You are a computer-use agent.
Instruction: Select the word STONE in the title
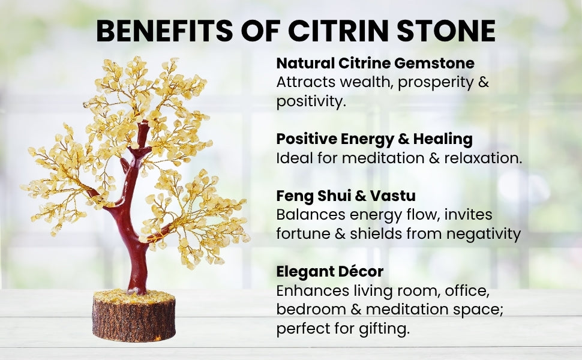pyautogui.click(x=446, y=31)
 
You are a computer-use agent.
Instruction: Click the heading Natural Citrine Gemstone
pyautogui.click(x=375, y=63)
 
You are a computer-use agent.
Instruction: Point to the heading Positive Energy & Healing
pyautogui.click(x=374, y=139)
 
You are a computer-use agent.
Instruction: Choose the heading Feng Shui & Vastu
pyautogui.click(x=346, y=196)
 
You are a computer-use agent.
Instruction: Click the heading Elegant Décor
pyautogui.click(x=329, y=271)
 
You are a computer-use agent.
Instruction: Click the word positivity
pyautogui.click(x=311, y=101)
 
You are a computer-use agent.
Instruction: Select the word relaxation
pyautogui.click(x=483, y=158)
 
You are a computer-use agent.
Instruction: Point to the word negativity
pyautogui.click(x=484, y=234)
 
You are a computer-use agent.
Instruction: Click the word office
pyautogui.click(x=467, y=290)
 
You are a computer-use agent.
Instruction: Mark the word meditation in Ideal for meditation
pyautogui.click(x=383, y=158)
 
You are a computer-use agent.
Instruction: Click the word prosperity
pyautogui.click(x=436, y=83)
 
